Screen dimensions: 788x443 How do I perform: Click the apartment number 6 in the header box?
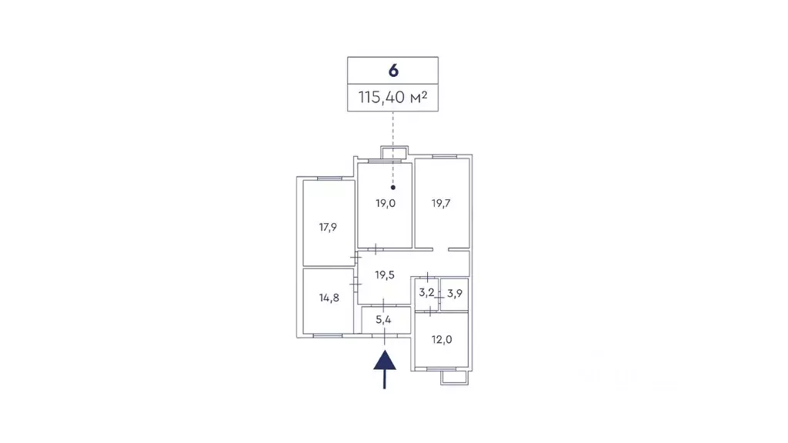(393, 71)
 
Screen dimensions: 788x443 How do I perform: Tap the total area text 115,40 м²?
(392, 97)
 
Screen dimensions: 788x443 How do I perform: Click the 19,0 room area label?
(386, 203)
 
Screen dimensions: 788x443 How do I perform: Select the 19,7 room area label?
(441, 203)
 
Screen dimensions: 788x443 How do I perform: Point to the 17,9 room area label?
(328, 228)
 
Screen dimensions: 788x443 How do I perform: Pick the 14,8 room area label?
(329, 298)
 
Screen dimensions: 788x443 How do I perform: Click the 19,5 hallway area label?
(385, 275)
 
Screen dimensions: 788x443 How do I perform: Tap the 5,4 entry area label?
(383, 319)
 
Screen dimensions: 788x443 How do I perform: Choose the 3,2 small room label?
(426, 292)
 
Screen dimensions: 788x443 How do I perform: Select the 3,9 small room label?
(454, 293)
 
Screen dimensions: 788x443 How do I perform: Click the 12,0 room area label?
(441, 339)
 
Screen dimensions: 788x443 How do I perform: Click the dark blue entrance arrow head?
(385, 360)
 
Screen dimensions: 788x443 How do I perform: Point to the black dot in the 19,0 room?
(393, 188)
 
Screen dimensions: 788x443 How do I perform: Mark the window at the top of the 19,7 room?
(444, 157)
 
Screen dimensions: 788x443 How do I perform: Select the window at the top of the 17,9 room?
(329, 178)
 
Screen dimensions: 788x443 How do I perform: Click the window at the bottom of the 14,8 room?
(328, 335)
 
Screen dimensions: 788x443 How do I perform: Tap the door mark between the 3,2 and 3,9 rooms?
(439, 298)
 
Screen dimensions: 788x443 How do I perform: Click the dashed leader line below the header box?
(393, 148)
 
